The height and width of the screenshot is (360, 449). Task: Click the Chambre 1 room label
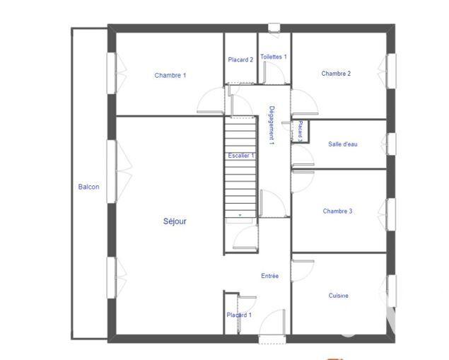tap(170, 75)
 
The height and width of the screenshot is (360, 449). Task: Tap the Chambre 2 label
tap(336, 74)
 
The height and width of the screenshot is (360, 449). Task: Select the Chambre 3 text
tap(337, 211)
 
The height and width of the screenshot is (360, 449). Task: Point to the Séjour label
tap(175, 221)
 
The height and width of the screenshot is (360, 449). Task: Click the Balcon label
tap(88, 187)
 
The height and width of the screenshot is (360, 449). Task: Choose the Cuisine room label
tap(338, 296)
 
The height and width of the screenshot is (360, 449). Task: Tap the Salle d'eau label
tap(343, 144)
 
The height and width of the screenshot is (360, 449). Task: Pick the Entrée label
tap(270, 276)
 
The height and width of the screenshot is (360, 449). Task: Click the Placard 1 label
tap(239, 315)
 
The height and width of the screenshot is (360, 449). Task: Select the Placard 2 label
tap(240, 60)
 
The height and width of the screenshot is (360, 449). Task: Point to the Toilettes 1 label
tap(273, 57)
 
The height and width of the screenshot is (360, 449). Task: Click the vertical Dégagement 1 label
tap(272, 125)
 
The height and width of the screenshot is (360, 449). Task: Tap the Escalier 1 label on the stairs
tap(241, 156)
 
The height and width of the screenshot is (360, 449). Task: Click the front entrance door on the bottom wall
tap(272, 338)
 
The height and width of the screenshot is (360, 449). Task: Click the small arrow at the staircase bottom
tap(240, 214)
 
